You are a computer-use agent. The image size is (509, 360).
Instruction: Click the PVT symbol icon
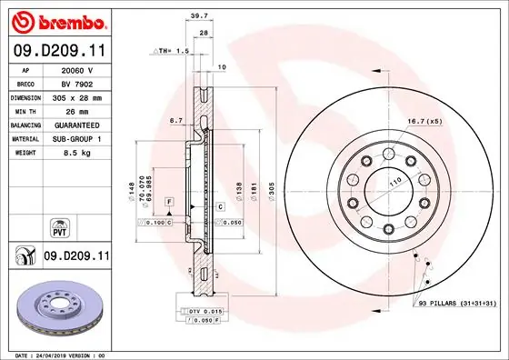click(x=59, y=224)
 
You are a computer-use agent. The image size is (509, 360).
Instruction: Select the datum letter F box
click(x=168, y=200)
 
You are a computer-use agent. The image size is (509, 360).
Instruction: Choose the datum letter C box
click(x=220, y=207)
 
